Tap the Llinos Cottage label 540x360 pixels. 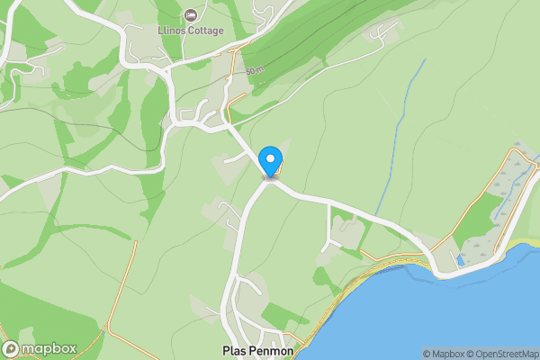tap(190, 32)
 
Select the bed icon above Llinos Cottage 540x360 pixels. tap(190, 15)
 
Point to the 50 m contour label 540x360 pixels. tap(256, 69)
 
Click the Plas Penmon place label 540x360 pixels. tap(258, 349)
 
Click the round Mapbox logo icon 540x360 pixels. tap(11, 348)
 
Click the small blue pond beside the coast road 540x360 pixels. tap(460, 260)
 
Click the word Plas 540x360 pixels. tap(233, 349)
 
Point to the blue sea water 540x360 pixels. tap(432, 315)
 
